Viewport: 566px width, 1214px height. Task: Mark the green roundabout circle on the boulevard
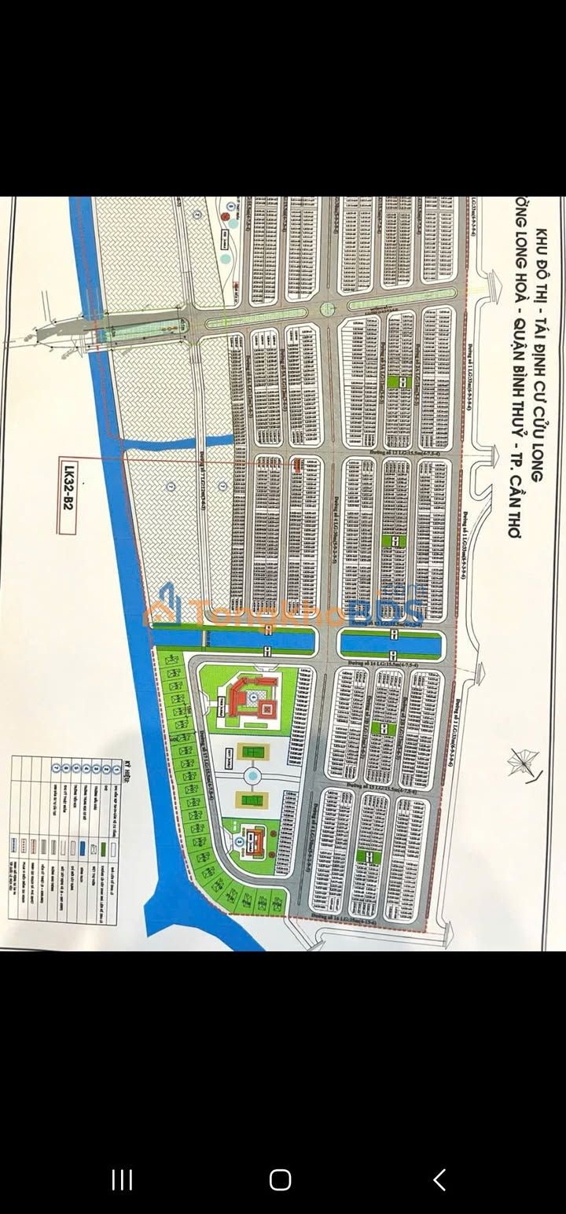(328, 309)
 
